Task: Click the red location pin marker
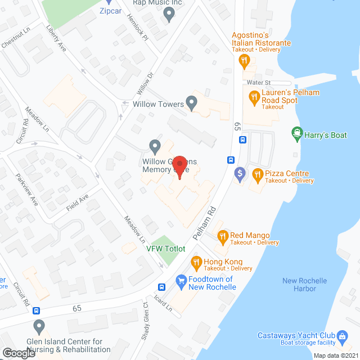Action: coord(179,167)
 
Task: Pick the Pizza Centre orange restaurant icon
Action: coord(258,175)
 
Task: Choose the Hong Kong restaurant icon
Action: coord(196,262)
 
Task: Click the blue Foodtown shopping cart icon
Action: coord(181,280)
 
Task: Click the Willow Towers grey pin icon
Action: coord(192,103)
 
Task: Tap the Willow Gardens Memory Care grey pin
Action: coord(155,147)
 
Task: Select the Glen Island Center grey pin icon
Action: coord(39,326)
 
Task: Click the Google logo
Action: coord(19,353)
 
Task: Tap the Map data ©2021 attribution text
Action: coord(334,355)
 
